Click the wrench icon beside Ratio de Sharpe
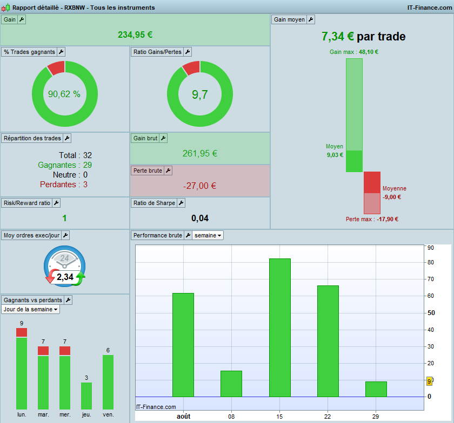[181, 203]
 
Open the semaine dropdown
[208, 235]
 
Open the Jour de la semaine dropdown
[30, 309]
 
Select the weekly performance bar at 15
[280, 328]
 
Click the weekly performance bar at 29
[376, 389]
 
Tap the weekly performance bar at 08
[231, 384]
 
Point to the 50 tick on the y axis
[431, 313]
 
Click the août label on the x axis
[184, 417]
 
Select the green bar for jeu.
[86, 396]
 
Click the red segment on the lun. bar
[22, 332]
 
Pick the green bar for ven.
[108, 382]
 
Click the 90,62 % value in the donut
[64, 94]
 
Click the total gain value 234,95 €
[135, 35]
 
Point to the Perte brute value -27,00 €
[200, 186]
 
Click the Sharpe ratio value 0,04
[200, 218]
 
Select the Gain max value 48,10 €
[369, 52]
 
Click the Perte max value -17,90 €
[388, 219]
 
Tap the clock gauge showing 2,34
[64, 267]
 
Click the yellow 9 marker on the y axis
[429, 381]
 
